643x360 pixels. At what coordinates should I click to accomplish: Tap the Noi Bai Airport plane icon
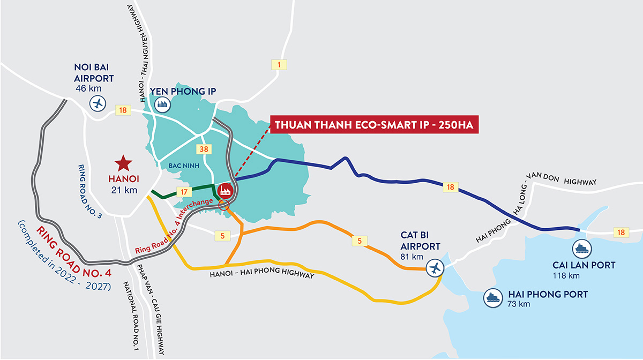click(x=98, y=103)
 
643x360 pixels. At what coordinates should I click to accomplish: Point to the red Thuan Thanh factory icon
click(x=225, y=190)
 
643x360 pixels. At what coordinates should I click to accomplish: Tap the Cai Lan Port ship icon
click(x=581, y=248)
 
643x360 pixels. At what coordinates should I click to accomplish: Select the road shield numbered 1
click(x=279, y=65)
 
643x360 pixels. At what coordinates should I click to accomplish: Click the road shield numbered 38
click(x=203, y=149)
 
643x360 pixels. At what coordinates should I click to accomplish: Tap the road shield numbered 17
click(x=183, y=191)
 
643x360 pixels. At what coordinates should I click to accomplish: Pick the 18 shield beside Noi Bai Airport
click(x=123, y=110)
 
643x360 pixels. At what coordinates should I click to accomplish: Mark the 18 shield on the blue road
click(x=450, y=187)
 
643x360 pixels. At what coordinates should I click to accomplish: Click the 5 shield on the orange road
click(x=360, y=241)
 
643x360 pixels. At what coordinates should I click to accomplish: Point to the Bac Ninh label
click(x=184, y=166)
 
